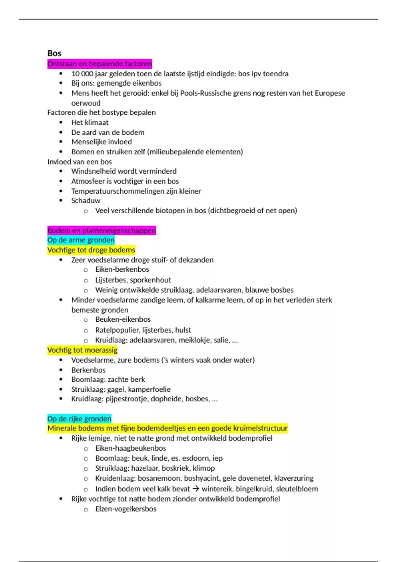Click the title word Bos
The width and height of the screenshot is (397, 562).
tap(54, 53)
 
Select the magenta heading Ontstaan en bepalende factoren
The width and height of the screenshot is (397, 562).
tap(100, 63)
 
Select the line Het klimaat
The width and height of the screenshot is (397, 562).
tap(90, 122)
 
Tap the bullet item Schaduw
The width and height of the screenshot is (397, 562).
tap(86, 200)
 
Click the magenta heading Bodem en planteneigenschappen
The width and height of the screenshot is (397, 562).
tap(102, 230)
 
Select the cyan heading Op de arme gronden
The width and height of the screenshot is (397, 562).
tap(81, 240)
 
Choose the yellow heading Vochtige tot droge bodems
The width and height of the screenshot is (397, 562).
tap(91, 250)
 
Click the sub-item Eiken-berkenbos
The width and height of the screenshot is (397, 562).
tap(122, 269)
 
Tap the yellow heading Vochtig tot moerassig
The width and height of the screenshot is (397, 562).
tap(82, 350)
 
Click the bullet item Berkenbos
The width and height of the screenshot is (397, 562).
tap(88, 370)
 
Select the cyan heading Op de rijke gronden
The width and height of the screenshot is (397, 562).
tap(79, 419)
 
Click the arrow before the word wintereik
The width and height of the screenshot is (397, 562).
tap(196, 488)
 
